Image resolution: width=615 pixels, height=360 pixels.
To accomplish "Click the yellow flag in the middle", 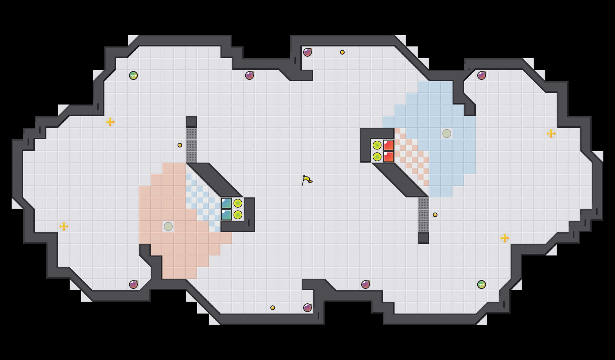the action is click(x=307, y=180).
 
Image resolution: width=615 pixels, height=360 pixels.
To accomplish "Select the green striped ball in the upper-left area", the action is click(x=133, y=75).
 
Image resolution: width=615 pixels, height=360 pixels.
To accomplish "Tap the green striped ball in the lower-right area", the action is click(x=482, y=285).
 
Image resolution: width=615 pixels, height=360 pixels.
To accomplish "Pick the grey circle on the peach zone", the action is click(x=168, y=226).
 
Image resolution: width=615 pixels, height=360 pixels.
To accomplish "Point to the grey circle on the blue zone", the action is click(x=447, y=134).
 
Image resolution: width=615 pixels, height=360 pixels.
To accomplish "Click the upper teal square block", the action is click(x=226, y=203).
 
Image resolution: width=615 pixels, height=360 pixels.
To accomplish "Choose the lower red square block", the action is click(x=389, y=157).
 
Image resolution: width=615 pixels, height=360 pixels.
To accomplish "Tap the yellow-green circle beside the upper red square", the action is click(x=377, y=145).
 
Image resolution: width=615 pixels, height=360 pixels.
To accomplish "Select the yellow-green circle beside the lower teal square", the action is click(x=238, y=215).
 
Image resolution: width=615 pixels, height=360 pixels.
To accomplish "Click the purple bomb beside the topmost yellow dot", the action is click(x=307, y=52).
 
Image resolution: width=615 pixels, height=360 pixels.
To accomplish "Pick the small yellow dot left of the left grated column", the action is click(x=180, y=145).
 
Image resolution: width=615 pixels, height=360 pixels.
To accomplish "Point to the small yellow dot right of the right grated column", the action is click(x=435, y=215).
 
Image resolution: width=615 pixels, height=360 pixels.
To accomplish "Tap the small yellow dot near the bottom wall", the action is click(x=273, y=308).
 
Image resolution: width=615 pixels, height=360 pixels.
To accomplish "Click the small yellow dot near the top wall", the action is click(x=342, y=52).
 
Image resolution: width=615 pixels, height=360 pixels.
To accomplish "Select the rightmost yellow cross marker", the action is click(x=551, y=134).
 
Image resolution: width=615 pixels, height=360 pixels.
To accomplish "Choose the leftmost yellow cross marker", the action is click(x=64, y=226).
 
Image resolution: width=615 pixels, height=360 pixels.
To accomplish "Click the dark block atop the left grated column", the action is click(x=191, y=122).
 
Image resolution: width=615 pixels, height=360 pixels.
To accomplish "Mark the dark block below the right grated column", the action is click(x=424, y=238).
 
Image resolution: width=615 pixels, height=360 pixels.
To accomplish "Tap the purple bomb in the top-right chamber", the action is click(x=482, y=75).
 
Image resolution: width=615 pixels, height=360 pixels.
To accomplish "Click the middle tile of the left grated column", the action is click(x=191, y=145).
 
